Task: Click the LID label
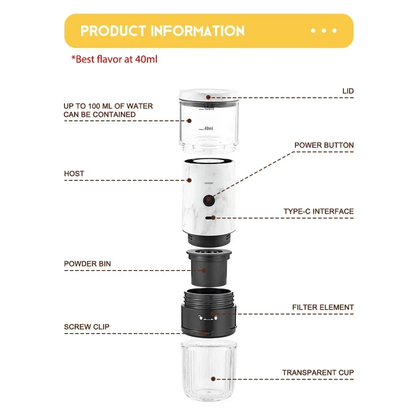348,91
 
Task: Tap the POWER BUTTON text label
324,145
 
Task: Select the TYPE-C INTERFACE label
318,211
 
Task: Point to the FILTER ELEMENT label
323,307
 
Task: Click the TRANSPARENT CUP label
318,373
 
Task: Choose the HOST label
74,174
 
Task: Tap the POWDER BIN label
87,264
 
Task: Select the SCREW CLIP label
87,327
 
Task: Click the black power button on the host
209,200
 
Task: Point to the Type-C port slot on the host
210,218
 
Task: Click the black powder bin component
209,268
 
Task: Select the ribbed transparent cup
209,370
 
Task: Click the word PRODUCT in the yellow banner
113,31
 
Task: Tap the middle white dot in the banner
324,31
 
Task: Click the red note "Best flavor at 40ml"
114,59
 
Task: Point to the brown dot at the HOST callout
189,180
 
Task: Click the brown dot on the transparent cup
213,379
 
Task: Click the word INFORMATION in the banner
198,31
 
